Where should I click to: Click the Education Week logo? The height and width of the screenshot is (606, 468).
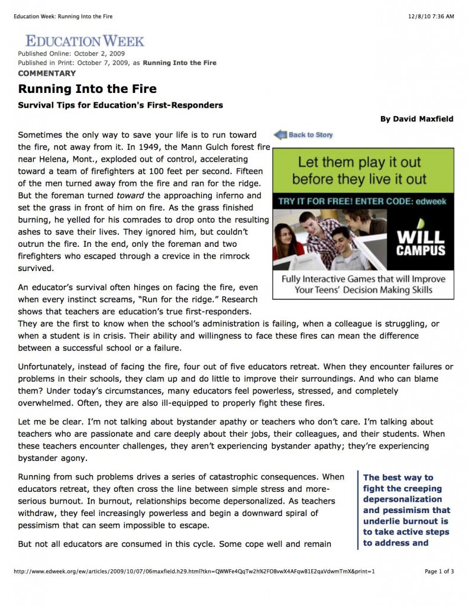[85, 41]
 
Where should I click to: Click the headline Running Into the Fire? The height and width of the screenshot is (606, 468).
[87, 89]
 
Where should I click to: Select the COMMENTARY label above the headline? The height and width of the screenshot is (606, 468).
[47, 73]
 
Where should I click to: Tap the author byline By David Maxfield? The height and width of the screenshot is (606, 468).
[417, 119]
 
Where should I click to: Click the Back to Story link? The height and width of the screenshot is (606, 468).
[310, 135]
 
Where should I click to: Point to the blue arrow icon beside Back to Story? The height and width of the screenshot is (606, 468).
[279, 135]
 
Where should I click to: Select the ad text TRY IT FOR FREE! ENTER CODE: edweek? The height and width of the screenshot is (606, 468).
[363, 201]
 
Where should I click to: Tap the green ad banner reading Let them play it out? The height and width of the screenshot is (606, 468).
[363, 170]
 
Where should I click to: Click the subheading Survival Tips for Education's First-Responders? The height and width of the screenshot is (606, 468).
[120, 105]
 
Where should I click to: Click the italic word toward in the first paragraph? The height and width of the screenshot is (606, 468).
[130, 195]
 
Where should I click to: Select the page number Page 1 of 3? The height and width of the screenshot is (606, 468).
[439, 572]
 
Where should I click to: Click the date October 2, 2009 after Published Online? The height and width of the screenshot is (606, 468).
[98, 54]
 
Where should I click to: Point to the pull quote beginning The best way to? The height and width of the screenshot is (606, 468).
[406, 510]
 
